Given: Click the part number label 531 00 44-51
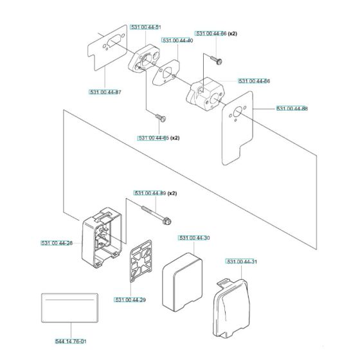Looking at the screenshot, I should point(145,27).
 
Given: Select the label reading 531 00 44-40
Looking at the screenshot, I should point(178,40).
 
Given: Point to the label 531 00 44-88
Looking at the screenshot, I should point(291,109).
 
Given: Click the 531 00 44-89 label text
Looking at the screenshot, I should point(150,193).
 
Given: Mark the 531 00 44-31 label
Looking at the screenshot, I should point(242,261).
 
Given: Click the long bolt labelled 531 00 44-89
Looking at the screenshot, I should point(157,213).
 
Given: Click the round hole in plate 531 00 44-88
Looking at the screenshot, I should point(237,109).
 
